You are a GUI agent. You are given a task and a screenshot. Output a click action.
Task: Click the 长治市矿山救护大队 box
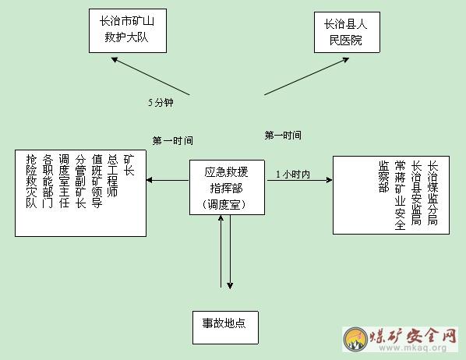coord(128,30)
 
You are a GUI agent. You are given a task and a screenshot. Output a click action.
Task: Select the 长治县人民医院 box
coord(347,33)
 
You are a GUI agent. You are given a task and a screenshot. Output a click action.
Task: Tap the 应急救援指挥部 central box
coord(227,187)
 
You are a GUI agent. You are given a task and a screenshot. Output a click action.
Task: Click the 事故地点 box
coord(225,327)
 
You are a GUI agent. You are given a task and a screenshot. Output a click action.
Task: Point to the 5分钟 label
coord(161,103)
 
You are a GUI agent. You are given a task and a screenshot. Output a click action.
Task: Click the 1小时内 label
coord(293,175)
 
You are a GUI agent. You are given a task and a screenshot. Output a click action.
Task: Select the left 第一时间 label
coord(173,140)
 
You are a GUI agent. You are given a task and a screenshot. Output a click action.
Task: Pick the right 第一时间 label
coord(283,136)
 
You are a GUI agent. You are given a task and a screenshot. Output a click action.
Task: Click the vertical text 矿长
coord(129,165)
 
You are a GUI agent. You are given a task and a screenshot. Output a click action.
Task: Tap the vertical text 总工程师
coord(112,175)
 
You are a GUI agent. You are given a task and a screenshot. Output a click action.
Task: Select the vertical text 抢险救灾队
coord(31,181)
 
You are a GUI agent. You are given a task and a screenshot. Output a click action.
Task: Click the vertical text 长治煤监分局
coord(432,193)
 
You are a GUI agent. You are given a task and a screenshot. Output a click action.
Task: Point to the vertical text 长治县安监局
coord(416,193)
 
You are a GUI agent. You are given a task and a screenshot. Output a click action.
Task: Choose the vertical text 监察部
coord(383,177)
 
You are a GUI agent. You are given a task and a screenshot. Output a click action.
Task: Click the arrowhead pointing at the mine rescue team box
coord(115,59)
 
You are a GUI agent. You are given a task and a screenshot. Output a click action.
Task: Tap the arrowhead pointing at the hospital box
coord(346,60)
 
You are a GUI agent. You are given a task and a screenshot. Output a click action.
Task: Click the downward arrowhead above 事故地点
coord(230,285)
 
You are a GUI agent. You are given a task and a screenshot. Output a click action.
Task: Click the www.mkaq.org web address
coord(412,348)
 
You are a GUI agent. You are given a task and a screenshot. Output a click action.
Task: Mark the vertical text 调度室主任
coord(64,181)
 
